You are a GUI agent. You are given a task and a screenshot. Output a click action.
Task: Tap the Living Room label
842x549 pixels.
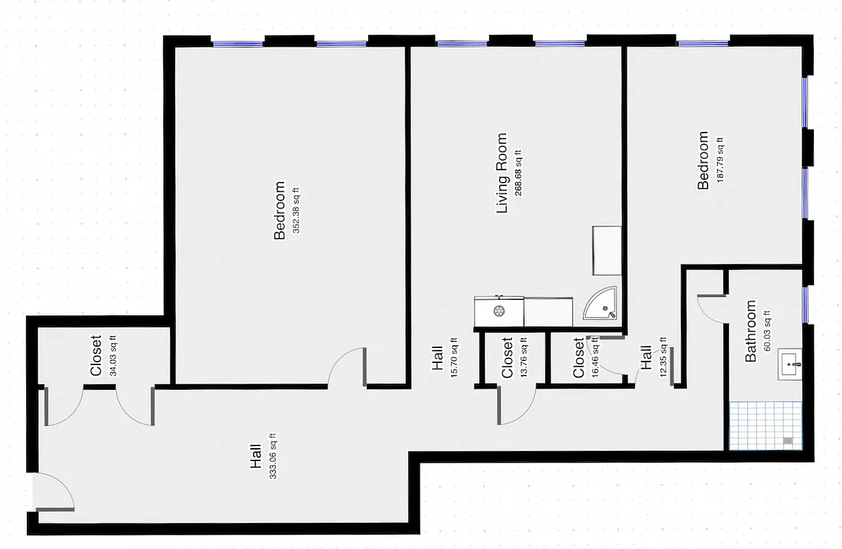coord(502,173)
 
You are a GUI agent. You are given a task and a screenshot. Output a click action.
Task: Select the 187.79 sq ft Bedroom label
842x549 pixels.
coord(703,161)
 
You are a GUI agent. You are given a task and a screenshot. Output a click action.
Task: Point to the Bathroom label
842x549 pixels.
coord(751,331)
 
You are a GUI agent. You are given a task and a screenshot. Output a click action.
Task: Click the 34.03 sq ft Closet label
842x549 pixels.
coord(96,355)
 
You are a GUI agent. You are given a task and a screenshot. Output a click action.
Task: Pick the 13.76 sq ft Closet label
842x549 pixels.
coord(507,358)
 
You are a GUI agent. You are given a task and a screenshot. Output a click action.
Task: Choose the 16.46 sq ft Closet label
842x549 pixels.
coord(579,358)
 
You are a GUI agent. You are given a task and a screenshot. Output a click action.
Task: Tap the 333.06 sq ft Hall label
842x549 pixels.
coord(256,456)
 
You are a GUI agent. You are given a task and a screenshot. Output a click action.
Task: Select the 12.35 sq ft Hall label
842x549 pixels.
coord(646,358)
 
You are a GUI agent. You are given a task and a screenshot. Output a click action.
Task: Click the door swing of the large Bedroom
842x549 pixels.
coord(348,367)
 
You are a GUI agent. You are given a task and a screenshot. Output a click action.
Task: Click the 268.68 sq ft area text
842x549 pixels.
coord(519,173)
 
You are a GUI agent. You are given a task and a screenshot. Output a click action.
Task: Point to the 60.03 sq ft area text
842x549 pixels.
coord(767,331)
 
